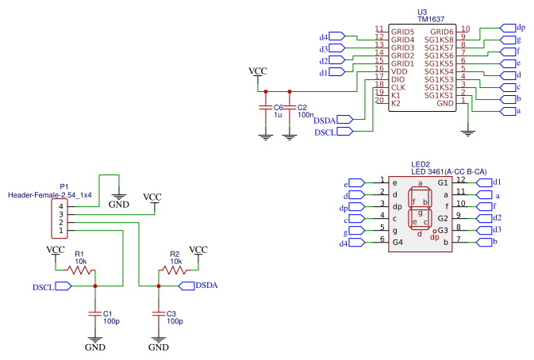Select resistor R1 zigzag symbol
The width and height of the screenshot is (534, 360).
click(80, 270)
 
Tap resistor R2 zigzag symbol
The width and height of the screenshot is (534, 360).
click(173, 270)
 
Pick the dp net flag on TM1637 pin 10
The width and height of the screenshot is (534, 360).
click(507, 28)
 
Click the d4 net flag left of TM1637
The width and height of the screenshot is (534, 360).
click(336, 36)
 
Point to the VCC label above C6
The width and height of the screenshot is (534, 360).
click(258, 71)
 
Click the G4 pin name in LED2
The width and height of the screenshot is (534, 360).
click(398, 241)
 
